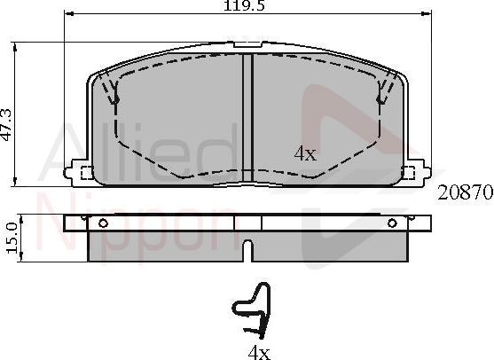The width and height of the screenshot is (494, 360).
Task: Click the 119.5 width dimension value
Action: click(x=245, y=5)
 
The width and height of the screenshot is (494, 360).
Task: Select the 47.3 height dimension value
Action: click(x=6, y=124)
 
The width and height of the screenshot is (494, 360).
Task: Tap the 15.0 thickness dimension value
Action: click(x=12, y=238)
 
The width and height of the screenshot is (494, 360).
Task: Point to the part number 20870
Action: click(x=465, y=192)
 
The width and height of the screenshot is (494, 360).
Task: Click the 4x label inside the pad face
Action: click(x=305, y=153)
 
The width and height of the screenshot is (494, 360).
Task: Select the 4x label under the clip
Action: click(x=259, y=353)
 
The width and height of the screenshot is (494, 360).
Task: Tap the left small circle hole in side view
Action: click(x=103, y=223)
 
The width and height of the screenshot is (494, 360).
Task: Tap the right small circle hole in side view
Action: click(x=392, y=223)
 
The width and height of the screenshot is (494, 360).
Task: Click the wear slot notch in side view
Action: click(x=248, y=251)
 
